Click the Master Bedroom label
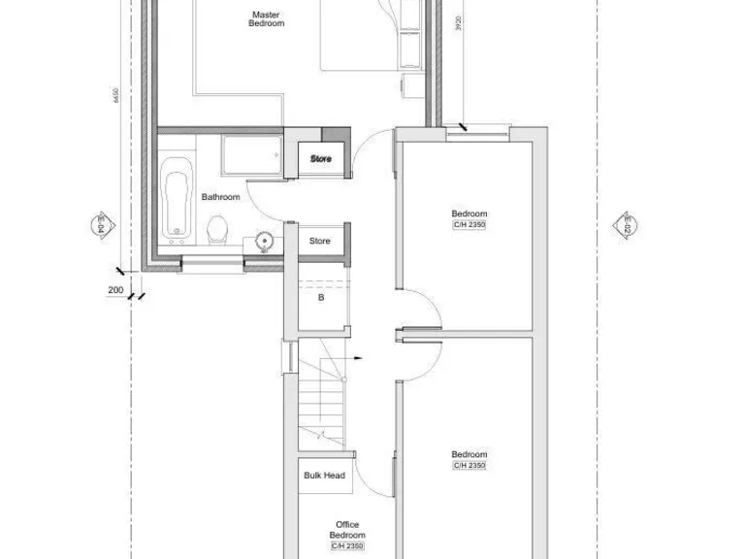pos(266,19)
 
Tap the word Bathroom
pos(220,197)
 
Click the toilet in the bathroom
pos(219,230)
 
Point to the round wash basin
pos(263,241)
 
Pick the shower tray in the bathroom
pos(250,155)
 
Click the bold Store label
pos(320,158)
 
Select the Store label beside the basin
pos(319,241)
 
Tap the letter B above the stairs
pos(320,298)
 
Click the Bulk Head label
pos(324,476)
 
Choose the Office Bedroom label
pos(346,530)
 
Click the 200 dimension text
pos(116,290)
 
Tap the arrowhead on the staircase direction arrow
pos(359,358)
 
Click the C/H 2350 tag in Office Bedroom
pos(346,545)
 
